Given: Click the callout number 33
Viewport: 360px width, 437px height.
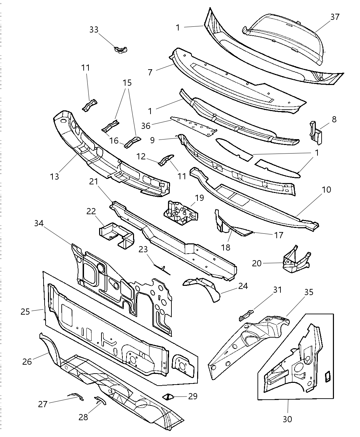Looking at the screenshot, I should [94, 30].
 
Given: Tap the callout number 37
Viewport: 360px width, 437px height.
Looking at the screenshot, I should [335, 17].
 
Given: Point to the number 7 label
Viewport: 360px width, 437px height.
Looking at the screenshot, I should [150, 72].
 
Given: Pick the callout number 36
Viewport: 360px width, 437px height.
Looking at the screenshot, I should [146, 126].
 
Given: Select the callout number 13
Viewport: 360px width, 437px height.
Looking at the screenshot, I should [55, 177].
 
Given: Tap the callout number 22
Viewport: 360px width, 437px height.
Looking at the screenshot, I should [91, 211].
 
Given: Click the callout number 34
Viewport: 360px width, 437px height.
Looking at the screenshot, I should [39, 223].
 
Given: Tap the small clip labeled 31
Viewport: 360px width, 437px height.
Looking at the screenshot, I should [246, 314].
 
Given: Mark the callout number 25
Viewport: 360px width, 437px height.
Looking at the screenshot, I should [25, 312].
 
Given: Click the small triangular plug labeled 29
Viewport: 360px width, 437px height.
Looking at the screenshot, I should [168, 397].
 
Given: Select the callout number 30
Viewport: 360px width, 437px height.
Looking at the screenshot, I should [287, 419].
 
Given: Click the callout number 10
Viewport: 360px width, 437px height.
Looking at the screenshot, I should [327, 190].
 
